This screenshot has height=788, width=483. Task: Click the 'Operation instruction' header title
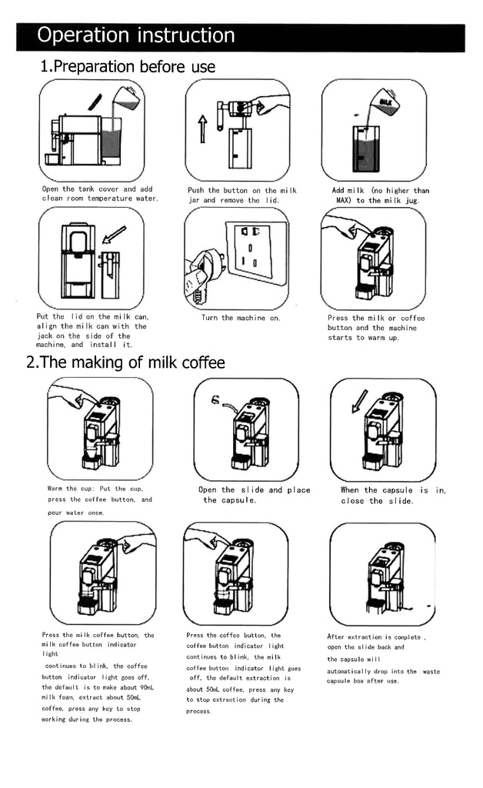point(136,35)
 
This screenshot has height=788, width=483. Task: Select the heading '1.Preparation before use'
point(128,67)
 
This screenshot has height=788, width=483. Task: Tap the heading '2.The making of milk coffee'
point(125,362)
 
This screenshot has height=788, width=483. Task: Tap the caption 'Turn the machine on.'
point(241,318)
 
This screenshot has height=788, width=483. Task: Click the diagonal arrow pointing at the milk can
point(115,232)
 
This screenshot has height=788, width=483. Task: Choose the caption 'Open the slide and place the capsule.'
point(254,495)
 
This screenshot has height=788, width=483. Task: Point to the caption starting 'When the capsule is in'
point(392,495)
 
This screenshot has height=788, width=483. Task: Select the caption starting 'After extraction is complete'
point(383,659)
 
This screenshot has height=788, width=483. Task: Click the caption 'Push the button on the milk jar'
point(242,195)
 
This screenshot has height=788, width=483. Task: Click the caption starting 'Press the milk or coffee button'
point(376,328)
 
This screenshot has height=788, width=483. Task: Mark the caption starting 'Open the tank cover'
point(98,193)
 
